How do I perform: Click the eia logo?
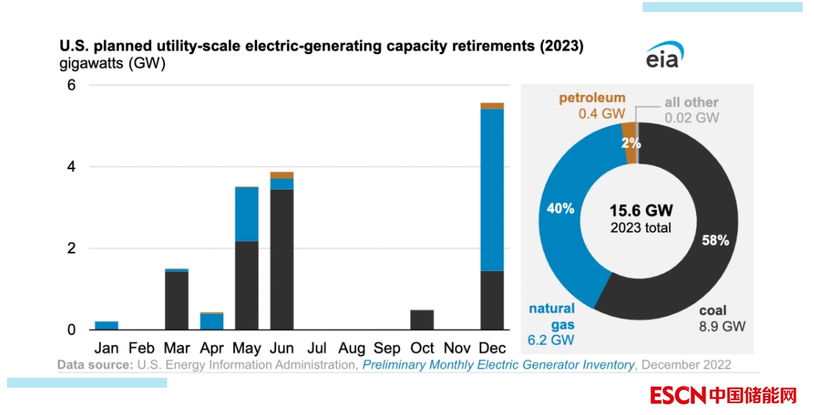pos(664,55)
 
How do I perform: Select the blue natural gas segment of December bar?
pos(492,190)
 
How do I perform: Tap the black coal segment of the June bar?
pos(282,259)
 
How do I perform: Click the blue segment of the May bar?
pos(247,214)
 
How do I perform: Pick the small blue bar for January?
pos(107,325)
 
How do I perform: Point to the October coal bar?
pos(422,320)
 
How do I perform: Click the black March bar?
pos(176,300)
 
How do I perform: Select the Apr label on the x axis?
pos(212,348)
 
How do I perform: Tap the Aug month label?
pos(352,348)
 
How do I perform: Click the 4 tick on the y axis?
pos(72,167)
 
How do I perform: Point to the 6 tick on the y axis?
pos(72,85)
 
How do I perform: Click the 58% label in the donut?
pos(716,240)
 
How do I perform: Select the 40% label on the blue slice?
pos(561,209)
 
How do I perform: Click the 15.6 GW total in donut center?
pos(641,211)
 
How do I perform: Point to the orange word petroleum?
pos(591,98)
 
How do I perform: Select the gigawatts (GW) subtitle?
pos(112,65)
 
